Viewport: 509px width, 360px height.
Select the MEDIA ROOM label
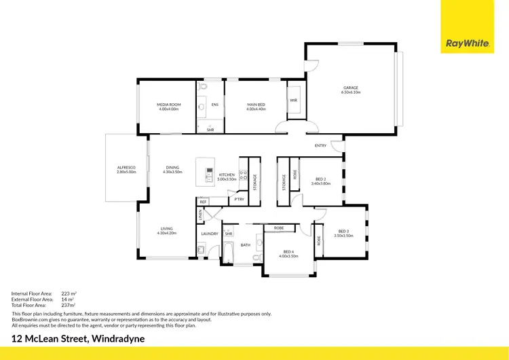click(168, 105)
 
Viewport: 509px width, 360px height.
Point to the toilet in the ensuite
click(203, 88)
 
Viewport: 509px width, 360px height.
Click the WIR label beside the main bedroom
click(294, 100)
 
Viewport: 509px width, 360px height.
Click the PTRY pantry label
click(238, 199)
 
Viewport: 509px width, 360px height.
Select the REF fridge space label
click(203, 202)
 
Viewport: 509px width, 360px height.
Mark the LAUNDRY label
click(209, 234)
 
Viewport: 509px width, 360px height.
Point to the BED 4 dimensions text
click(292, 256)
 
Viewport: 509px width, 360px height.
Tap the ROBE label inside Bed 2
click(295, 174)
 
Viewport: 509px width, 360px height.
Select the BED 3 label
click(343, 231)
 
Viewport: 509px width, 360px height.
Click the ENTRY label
click(320, 145)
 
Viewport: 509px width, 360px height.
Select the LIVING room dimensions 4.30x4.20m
click(167, 233)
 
